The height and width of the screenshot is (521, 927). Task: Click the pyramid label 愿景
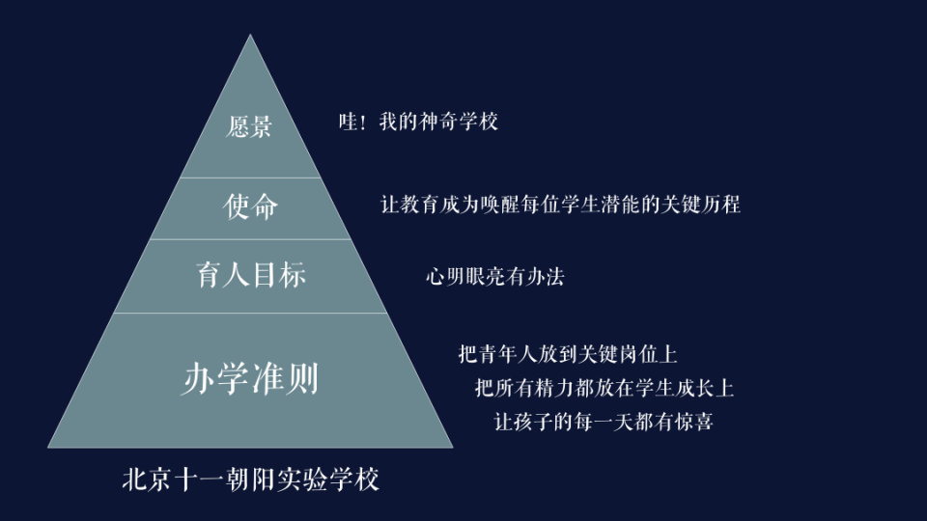click(x=249, y=127)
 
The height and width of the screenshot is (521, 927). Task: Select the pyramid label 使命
click(x=250, y=206)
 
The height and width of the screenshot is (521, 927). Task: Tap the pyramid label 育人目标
click(x=251, y=275)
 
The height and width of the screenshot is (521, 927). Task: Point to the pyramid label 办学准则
click(x=249, y=380)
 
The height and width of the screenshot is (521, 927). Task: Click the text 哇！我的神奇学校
click(x=418, y=123)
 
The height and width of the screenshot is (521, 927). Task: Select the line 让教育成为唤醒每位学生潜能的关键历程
click(x=560, y=205)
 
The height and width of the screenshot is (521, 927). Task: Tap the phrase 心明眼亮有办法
click(x=495, y=277)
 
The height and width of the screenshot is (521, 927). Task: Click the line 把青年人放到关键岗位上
click(x=574, y=354)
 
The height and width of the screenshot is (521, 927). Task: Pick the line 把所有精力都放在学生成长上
click(x=604, y=388)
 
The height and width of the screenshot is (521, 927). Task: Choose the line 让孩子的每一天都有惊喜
click(x=604, y=422)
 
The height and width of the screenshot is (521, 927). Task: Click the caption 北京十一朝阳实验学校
click(x=251, y=480)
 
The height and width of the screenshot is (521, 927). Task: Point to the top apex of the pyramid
click(x=250, y=37)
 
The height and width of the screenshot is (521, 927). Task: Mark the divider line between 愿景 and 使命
click(x=250, y=178)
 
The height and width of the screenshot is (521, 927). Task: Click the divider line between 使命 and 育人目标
click(x=250, y=239)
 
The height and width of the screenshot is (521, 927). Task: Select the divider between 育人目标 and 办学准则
click(x=250, y=313)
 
